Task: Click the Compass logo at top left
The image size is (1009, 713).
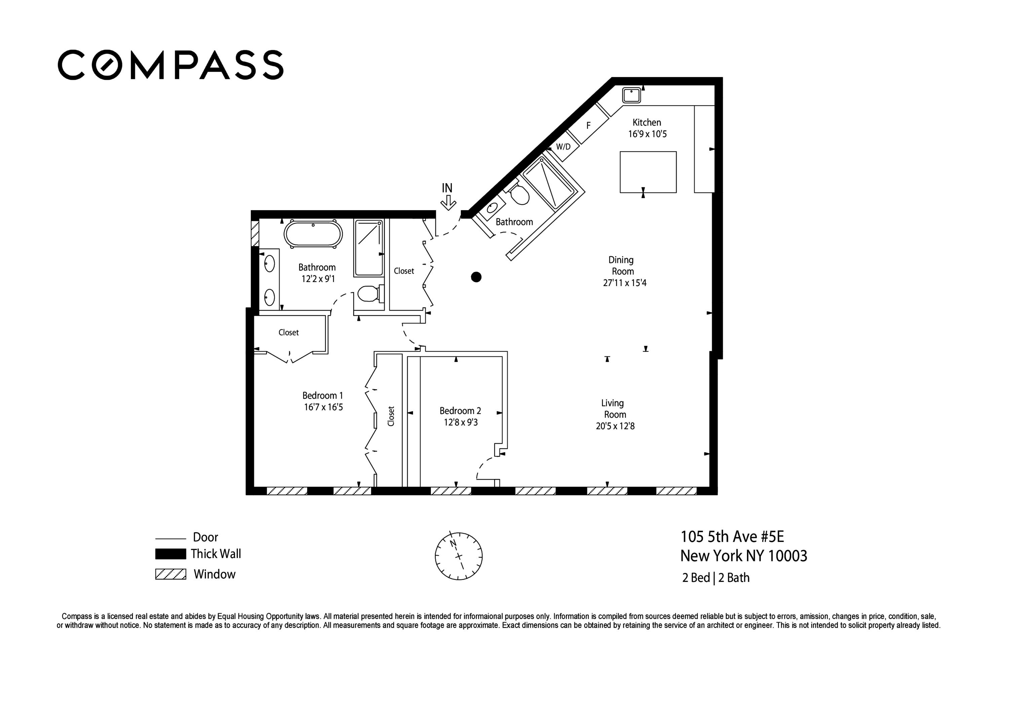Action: pos(171,65)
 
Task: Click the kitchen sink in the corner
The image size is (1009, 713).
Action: pos(632,95)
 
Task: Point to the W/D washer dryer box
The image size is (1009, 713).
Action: pos(563,147)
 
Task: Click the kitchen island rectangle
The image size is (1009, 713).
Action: pos(648,172)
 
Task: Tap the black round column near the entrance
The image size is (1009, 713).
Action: pos(476,277)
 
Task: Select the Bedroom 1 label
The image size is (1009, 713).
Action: pos(322,395)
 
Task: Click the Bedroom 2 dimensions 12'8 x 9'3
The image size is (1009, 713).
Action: pos(460,422)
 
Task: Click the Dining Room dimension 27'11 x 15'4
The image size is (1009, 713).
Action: pos(625,283)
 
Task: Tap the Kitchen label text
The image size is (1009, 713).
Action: pos(646,123)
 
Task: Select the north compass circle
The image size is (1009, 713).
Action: pos(458,556)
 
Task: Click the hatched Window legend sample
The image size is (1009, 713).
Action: pos(171,574)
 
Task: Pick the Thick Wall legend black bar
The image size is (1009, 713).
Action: pos(171,554)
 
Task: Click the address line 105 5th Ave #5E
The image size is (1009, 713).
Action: pos(732,537)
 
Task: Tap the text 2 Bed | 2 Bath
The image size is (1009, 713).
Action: pos(715,578)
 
